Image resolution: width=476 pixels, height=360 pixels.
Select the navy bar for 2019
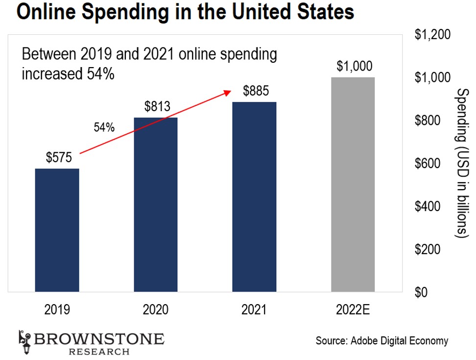coord(57,230)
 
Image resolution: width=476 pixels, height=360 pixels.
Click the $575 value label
coord(59,158)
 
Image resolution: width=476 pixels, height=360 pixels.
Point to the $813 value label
coord(157,106)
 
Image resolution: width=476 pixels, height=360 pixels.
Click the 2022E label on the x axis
coord(353,310)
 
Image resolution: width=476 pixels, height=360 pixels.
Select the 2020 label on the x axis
coord(156,310)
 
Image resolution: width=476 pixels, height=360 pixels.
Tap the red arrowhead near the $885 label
coord(227,92)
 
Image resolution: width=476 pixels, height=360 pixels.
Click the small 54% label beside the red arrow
coord(104,128)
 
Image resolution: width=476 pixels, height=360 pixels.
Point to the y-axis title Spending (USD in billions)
coord(463,164)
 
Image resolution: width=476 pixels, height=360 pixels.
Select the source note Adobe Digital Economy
coord(382,340)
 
